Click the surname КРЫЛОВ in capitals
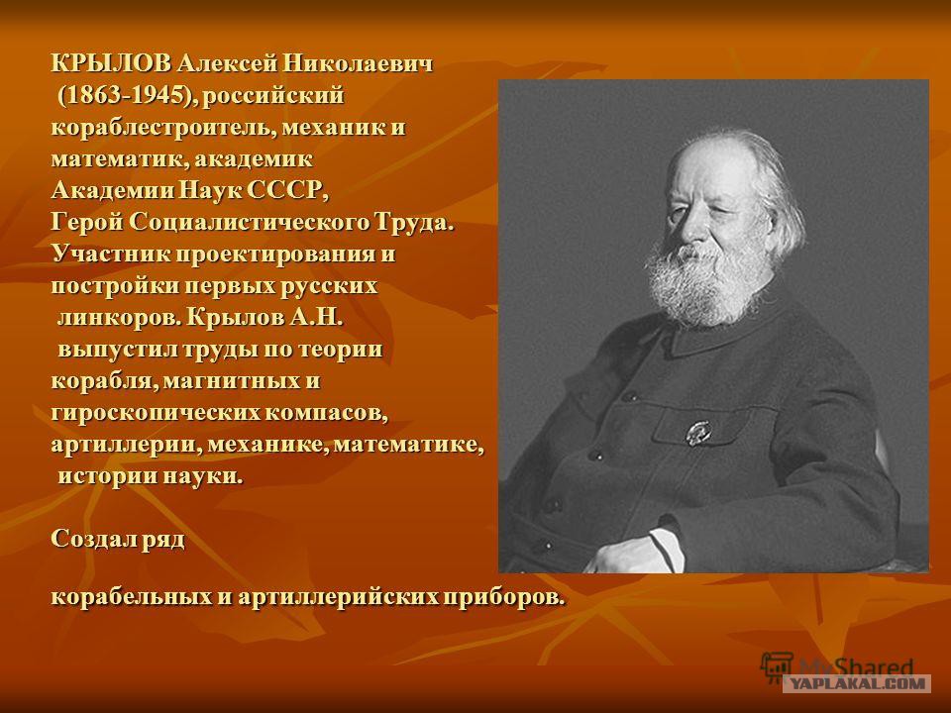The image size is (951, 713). pos(113,63)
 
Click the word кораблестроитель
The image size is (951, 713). pos(163,128)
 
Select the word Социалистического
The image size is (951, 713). pos(250,223)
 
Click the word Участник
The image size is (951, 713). pos(111,255)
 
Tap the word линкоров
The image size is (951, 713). pos(119,318)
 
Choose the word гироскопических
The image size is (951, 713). pos(155,413)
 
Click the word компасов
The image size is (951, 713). pos(326,413)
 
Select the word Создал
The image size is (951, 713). pos(93,539)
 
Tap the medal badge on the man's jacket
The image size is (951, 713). pos(697,433)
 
